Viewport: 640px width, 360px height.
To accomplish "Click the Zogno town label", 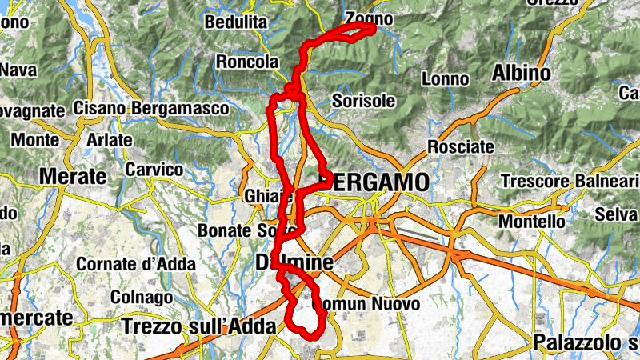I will (369, 18).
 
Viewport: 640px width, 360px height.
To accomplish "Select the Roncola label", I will (247, 62).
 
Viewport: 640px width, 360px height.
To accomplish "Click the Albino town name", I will (522, 74).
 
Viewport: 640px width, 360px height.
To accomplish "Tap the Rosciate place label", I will (460, 146).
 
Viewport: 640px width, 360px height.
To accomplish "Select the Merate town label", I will (73, 176).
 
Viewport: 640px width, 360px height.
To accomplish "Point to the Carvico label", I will (154, 170).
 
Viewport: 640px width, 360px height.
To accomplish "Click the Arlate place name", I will (109, 139).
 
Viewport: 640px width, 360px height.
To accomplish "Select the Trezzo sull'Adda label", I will (199, 326).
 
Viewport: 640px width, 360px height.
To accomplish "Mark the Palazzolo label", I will (584, 343).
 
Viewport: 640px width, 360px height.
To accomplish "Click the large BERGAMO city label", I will (374, 182).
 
